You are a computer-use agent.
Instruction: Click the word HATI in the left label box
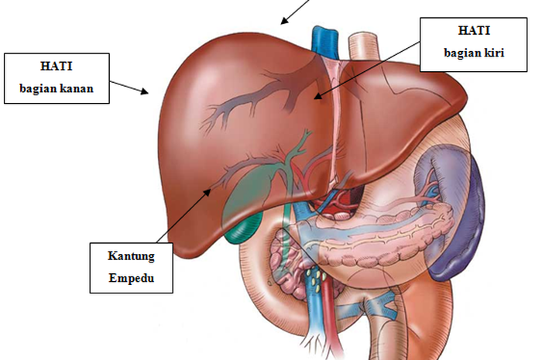pos(57,66)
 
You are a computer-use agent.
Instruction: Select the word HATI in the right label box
pos(474,30)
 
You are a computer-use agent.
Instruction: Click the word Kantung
pos(131,256)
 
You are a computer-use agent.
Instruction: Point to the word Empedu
pos(132,278)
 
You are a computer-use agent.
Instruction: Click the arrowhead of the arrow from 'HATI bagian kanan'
pos(145,91)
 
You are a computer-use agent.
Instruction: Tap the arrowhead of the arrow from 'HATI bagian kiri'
pos(318,96)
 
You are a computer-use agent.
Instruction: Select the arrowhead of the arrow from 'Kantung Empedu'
pos(207,192)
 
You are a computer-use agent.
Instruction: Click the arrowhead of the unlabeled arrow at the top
pos(284,21)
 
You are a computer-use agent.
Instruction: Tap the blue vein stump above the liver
pos(324,39)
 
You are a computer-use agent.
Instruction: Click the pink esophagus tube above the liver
pos(364,46)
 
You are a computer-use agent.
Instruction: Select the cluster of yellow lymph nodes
pos(317,277)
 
